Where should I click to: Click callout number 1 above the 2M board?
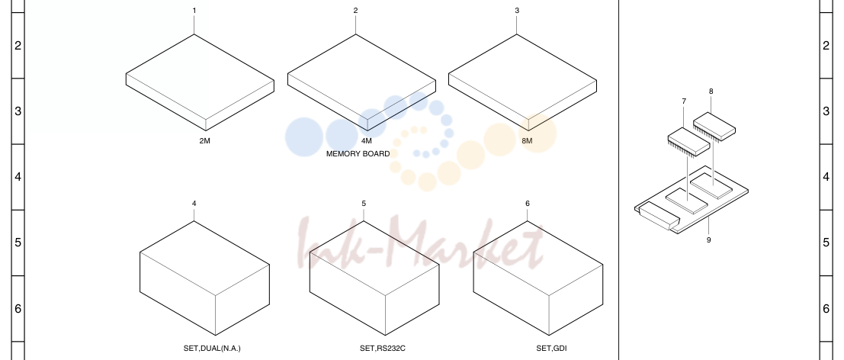194,11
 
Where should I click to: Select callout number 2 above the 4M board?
355,11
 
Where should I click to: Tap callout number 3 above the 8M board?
517,11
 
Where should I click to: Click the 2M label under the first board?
204,141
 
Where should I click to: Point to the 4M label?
366,141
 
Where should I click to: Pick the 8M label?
527,141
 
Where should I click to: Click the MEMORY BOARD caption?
358,154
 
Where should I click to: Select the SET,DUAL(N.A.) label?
212,348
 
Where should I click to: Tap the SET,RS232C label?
383,348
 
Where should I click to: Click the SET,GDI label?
551,348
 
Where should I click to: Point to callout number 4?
194,204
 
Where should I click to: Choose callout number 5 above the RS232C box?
364,204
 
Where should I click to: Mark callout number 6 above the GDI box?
528,204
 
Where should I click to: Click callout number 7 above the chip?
684,101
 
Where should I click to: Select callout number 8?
711,92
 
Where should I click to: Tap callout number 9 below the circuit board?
708,240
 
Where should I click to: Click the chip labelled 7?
689,142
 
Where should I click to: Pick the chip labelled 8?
714,127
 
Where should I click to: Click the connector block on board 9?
658,217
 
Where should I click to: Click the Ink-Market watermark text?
422,242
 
